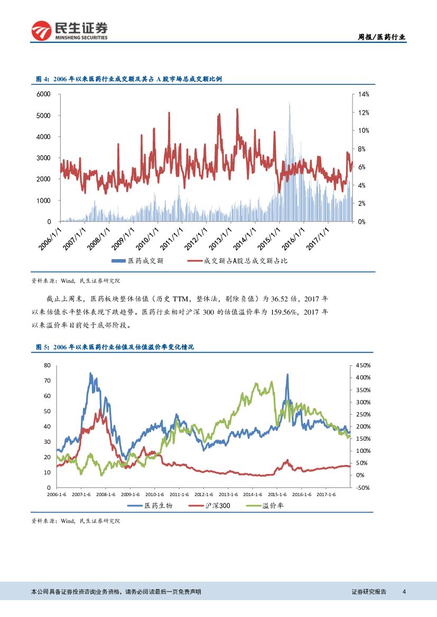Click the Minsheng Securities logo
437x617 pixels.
tap(69, 30)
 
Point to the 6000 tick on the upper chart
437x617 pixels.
tap(43, 94)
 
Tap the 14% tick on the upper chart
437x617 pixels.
tap(363, 94)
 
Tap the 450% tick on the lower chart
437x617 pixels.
tap(363, 365)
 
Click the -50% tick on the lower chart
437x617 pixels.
tap(362, 488)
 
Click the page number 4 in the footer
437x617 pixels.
tap(404, 592)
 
